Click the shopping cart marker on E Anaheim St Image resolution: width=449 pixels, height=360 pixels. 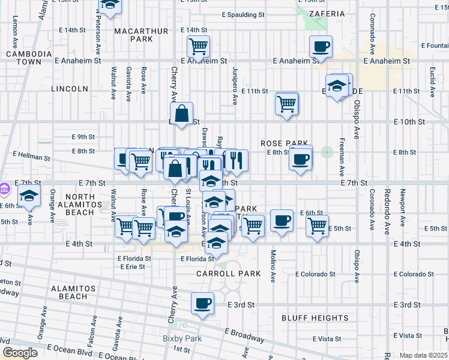198,46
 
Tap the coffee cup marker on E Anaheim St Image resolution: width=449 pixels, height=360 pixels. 321,46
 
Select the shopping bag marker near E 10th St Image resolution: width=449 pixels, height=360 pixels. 181,112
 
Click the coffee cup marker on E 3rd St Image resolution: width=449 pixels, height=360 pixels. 203,302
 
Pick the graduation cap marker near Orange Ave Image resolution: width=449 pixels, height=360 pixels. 28,196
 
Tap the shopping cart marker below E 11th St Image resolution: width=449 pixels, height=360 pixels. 287,103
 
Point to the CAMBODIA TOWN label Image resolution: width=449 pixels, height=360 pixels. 24,58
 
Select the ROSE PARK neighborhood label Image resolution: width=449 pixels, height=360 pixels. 284,143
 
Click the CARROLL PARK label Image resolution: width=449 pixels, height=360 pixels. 229,274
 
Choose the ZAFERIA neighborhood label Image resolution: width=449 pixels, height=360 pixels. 327,13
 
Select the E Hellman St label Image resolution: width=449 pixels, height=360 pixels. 31,157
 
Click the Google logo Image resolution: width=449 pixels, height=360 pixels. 20,353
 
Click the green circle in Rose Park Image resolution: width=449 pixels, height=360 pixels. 327,152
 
